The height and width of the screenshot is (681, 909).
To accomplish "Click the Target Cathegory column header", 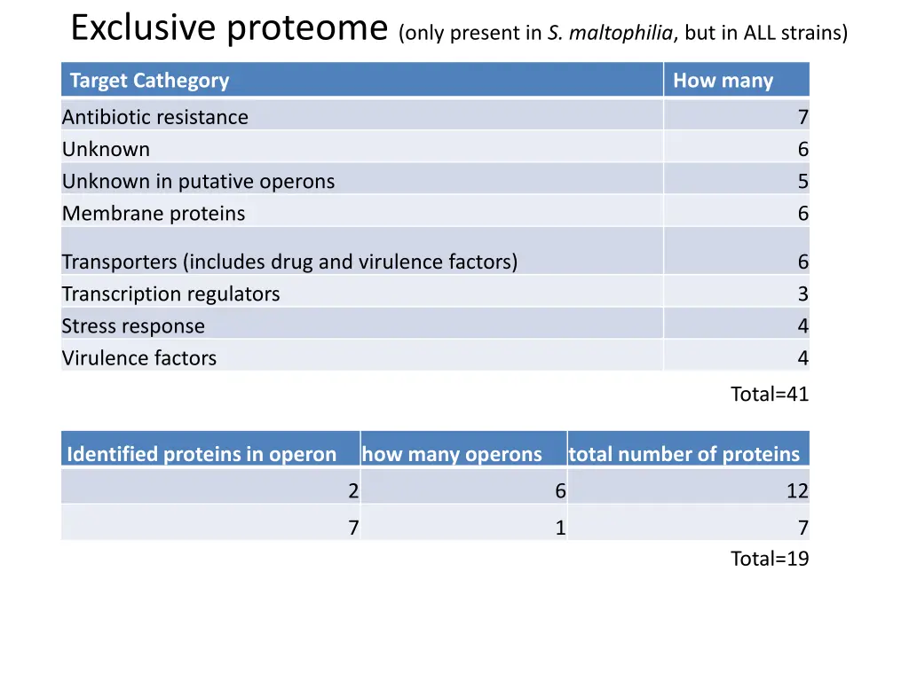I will (149, 81).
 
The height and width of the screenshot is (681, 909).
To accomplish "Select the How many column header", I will (723, 81).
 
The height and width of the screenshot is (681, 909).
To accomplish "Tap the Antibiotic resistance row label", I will (155, 117).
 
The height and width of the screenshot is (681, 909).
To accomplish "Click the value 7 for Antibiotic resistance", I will (802, 117).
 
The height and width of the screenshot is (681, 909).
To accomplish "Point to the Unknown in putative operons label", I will (198, 182).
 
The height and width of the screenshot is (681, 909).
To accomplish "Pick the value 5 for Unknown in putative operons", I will (802, 182).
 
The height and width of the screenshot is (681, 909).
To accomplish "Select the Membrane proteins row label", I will (154, 214).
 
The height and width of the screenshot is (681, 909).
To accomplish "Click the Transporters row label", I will (289, 262).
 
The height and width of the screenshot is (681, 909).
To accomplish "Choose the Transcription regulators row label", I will (170, 294).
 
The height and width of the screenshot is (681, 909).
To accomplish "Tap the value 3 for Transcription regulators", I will (802, 294).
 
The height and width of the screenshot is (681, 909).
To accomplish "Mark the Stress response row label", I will (133, 326).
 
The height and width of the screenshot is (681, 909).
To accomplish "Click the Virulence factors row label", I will (139, 358).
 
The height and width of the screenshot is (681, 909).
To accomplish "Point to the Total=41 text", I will (769, 395).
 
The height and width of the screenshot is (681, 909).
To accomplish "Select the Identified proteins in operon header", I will (202, 455).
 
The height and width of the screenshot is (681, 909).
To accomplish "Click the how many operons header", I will (452, 455).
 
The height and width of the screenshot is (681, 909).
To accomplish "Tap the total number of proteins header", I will (684, 455).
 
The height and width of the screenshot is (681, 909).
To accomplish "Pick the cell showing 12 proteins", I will (797, 491).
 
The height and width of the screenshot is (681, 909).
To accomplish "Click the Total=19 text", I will (769, 559).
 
